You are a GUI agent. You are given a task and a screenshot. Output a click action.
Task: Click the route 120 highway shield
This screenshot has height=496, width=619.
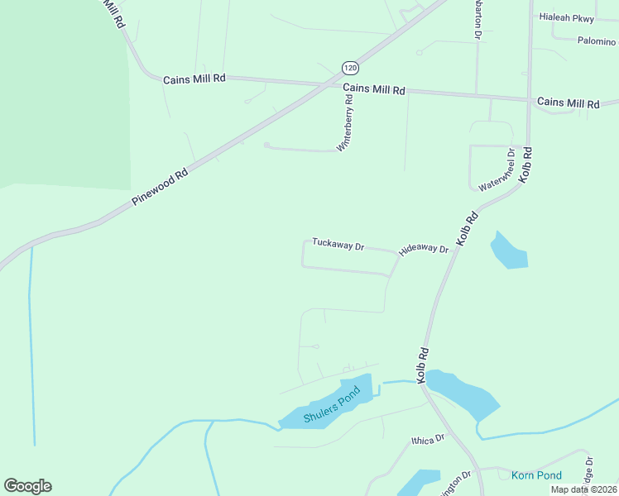coord(349,67)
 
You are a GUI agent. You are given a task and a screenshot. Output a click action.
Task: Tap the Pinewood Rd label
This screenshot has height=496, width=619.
coord(160,188)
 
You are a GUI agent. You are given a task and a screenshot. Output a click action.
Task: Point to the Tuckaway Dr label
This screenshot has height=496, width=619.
coord(338,245)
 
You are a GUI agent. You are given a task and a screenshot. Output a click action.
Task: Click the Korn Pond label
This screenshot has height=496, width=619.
coord(536,475)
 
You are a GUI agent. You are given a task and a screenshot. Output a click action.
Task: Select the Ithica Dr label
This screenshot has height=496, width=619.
coord(428,440)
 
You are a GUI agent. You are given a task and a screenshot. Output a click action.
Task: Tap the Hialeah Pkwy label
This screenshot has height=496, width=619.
coord(567,17)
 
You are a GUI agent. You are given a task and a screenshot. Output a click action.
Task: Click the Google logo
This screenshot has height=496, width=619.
coord(27,486)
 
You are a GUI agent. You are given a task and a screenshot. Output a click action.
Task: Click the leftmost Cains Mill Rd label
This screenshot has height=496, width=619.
coord(194,79)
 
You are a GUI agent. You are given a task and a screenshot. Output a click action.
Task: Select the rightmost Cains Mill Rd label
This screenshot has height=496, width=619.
coord(568,103)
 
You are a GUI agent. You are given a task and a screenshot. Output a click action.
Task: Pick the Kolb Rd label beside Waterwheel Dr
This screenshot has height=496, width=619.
coord(525,165)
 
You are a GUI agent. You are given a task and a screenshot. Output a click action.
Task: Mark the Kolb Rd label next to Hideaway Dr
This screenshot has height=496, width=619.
coord(468,228)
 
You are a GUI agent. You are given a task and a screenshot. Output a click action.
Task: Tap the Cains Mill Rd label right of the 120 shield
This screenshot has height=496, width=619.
coord(374,89)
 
